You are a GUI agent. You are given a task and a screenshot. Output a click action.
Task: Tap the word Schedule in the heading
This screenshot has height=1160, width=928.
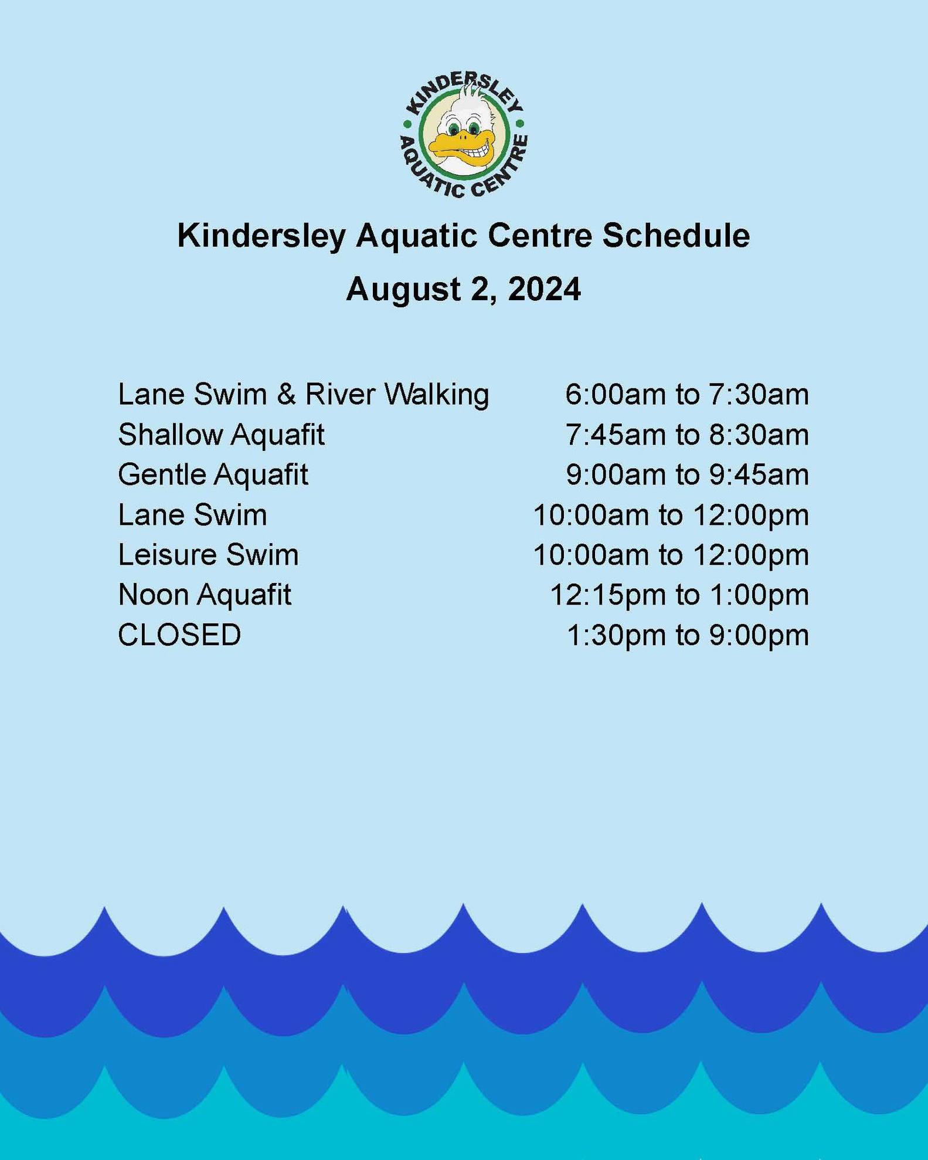point(677,236)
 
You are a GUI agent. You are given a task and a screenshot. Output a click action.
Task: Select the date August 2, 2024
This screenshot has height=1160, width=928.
point(463,290)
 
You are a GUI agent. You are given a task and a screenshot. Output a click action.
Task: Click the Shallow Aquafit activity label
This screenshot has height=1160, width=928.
point(221,435)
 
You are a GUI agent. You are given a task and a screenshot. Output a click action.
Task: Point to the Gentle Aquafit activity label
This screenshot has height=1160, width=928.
point(213,474)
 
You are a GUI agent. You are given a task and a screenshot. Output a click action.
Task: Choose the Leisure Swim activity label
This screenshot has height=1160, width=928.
point(208,555)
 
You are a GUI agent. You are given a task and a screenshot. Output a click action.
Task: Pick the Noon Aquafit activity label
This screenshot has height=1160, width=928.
point(205,595)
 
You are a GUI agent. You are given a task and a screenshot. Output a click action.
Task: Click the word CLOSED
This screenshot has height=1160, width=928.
point(179,635)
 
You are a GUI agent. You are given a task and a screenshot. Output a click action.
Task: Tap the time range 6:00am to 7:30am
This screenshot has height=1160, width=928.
point(687,394)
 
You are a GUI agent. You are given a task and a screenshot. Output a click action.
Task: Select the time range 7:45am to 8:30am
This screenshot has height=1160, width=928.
point(687,435)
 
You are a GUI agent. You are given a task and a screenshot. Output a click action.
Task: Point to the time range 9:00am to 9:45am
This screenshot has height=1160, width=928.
point(687,474)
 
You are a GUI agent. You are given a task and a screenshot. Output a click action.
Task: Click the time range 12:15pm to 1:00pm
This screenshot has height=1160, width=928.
point(679,595)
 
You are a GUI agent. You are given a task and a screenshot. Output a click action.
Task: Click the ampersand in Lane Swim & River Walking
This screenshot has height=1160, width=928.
point(286,394)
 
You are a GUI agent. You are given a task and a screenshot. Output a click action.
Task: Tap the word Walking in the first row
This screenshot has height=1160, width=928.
point(437,395)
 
